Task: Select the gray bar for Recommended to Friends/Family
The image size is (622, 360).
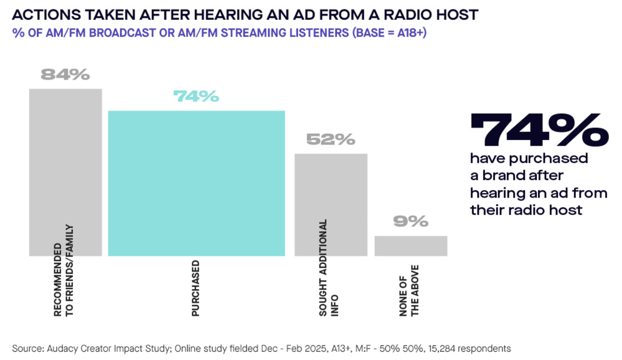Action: coord(65,156)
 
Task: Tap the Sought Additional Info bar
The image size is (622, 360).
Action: coord(331,187)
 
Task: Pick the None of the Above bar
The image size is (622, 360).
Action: coord(410,245)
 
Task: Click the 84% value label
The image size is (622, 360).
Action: coord(65,75)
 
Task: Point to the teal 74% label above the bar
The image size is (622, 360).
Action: coord(196,97)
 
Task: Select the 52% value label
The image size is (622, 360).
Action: coord(331,140)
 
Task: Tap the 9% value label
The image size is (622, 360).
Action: coord(410,222)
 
